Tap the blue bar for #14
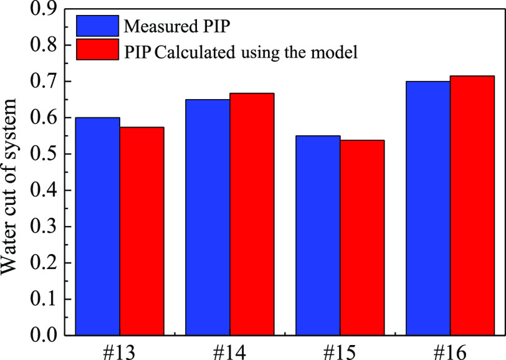pyautogui.click(x=208, y=217)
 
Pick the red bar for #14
pyautogui.click(x=252, y=214)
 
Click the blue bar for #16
pyautogui.click(x=428, y=208)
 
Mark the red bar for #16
pyautogui.click(x=472, y=206)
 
